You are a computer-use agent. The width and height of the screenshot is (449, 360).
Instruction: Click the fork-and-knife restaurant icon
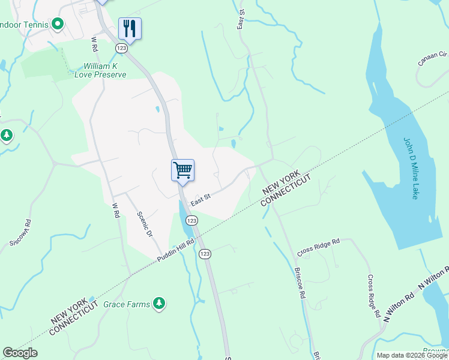click(130, 28)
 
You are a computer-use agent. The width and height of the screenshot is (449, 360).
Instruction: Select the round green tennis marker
click(58, 25)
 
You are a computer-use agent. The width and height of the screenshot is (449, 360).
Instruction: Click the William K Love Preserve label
click(101, 70)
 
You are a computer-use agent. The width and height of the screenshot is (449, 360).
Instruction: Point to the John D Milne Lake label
click(409, 169)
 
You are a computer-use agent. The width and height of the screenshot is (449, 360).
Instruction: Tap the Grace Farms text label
click(127, 304)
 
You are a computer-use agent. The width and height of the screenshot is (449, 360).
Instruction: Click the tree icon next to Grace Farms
click(159, 304)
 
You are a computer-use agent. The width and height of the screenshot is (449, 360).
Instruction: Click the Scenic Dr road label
click(145, 224)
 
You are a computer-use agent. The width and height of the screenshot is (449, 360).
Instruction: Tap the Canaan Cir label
click(433, 59)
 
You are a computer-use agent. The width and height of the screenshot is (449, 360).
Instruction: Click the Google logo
click(20, 353)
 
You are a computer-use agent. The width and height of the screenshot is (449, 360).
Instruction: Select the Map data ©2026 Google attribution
click(412, 355)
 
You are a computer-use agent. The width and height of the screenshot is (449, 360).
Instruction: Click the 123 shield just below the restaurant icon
click(122, 47)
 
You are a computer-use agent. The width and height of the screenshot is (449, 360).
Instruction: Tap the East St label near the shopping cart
click(200, 199)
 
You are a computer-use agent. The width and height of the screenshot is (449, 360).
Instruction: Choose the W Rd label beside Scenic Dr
click(116, 210)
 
